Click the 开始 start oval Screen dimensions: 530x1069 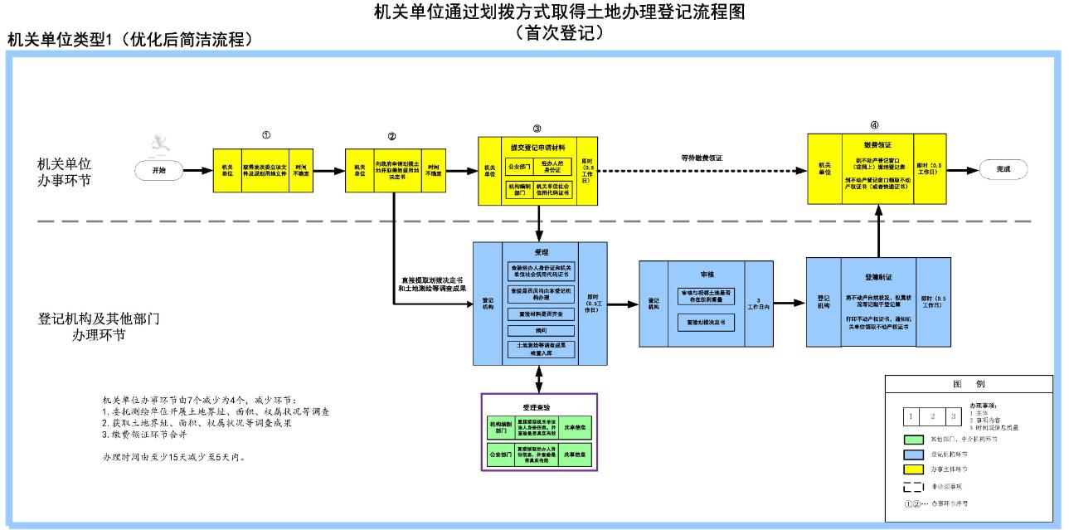(x=158, y=170)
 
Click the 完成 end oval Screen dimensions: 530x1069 (x=1003, y=169)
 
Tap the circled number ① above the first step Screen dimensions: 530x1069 (x=265, y=134)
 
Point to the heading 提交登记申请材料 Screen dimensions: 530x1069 (x=537, y=147)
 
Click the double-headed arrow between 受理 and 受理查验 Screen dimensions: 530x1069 (x=539, y=377)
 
